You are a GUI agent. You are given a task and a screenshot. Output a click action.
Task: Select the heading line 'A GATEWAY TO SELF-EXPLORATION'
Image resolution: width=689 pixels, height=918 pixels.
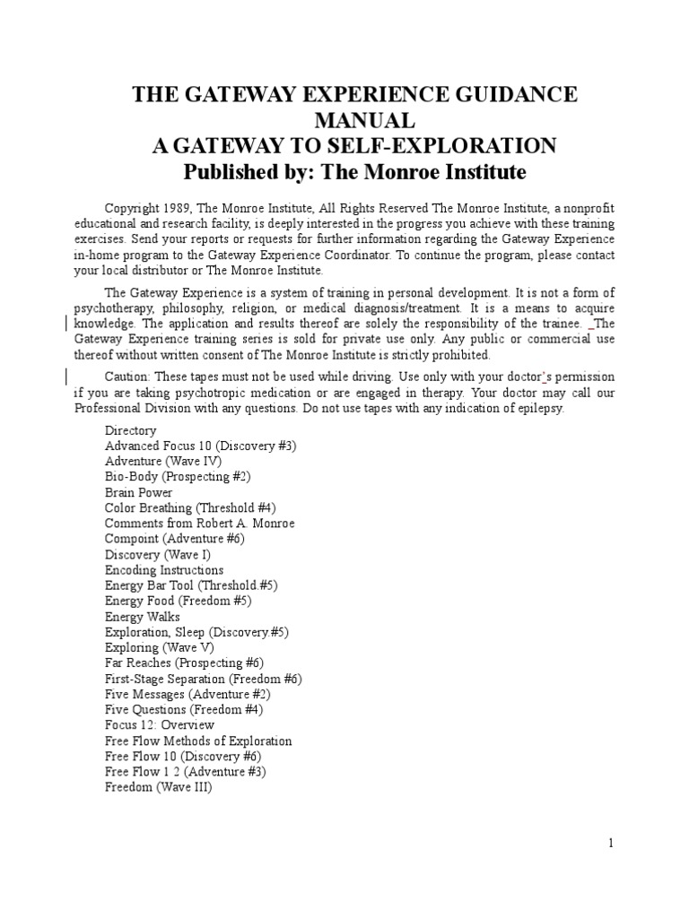[x=353, y=146]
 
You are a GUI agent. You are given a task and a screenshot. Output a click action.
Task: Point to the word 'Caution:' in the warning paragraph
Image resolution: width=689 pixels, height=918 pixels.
[x=128, y=377]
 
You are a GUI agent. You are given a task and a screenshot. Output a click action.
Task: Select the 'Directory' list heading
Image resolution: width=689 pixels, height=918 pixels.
[x=130, y=430]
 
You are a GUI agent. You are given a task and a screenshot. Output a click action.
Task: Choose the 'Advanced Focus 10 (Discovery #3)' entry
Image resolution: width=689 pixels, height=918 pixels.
[x=200, y=446]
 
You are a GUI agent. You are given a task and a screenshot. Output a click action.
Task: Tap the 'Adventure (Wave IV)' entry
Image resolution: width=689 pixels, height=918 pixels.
[x=163, y=461]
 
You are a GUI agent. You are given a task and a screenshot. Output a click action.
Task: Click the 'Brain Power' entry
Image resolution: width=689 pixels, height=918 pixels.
[x=138, y=492]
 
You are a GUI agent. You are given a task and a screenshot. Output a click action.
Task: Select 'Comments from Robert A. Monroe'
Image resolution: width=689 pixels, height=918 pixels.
[x=199, y=524]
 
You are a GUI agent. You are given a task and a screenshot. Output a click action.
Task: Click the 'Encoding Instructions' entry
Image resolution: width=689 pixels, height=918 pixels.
[x=164, y=570]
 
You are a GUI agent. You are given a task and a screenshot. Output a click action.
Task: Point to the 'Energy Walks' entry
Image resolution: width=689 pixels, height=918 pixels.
[x=142, y=617]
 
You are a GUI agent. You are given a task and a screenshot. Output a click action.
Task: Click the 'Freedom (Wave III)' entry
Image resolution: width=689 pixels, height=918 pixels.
[x=158, y=787]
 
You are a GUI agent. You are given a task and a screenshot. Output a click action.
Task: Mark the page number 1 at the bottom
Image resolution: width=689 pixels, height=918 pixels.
[x=610, y=843]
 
